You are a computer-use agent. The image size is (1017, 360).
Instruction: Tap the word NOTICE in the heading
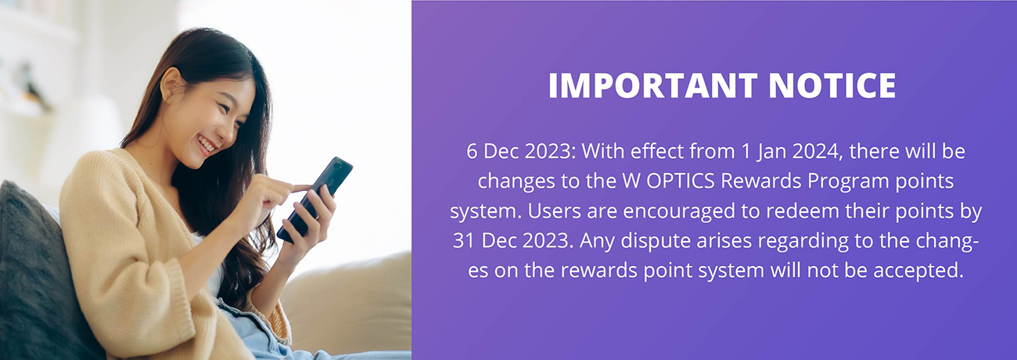pyautogui.click(x=832, y=85)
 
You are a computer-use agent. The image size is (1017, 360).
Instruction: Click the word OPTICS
pyautogui.click(x=681, y=181)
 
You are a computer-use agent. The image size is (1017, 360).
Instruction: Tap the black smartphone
pyautogui.click(x=314, y=199)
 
